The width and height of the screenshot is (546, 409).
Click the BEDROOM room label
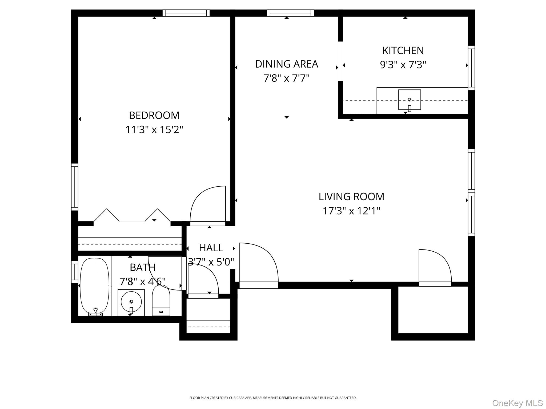tap(154, 116)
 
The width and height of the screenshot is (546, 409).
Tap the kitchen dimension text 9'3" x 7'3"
tap(403, 65)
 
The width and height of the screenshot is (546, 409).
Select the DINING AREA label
tap(287, 64)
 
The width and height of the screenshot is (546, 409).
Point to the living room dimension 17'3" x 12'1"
tap(351, 211)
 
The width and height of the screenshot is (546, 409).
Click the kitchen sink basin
tap(409, 100)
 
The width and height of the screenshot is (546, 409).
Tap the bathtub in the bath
tap(95, 285)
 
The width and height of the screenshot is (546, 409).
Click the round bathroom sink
tap(131, 302)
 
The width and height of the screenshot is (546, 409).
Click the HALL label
tap(211, 248)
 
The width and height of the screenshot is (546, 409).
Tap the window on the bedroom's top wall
tap(186, 13)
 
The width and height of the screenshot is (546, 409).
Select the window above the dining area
tap(290, 13)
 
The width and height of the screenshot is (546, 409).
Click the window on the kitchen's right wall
tap(471, 68)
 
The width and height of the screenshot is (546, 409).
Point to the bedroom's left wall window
tap(75, 187)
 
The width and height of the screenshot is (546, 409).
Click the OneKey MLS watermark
tap(517, 403)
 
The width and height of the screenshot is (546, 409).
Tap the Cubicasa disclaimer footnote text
tap(273, 398)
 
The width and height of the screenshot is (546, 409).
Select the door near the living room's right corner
tap(435, 268)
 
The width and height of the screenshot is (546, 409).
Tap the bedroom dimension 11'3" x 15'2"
tap(154, 130)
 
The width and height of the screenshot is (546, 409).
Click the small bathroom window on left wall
tap(75, 272)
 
